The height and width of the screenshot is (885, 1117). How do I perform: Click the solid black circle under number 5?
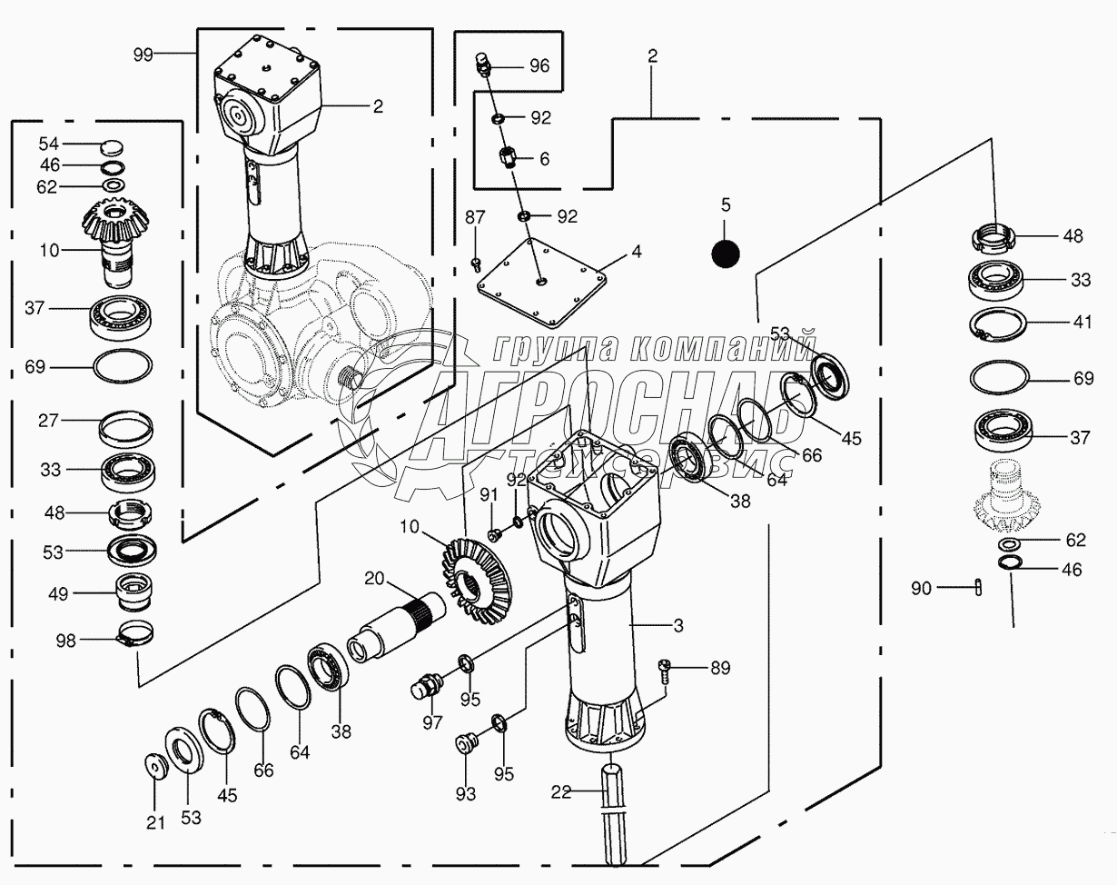click(x=725, y=254)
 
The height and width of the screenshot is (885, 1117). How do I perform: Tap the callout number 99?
click(x=143, y=55)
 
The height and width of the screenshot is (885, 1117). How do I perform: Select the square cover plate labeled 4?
click(x=542, y=281)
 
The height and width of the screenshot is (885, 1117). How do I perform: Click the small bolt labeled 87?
click(x=476, y=264)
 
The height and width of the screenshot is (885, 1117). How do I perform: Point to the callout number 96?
click(x=539, y=65)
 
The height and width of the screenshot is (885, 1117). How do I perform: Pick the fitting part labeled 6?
click(x=508, y=159)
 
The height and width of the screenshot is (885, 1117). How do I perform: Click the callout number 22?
click(x=561, y=792)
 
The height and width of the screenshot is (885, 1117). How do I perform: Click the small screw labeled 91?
click(x=496, y=536)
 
